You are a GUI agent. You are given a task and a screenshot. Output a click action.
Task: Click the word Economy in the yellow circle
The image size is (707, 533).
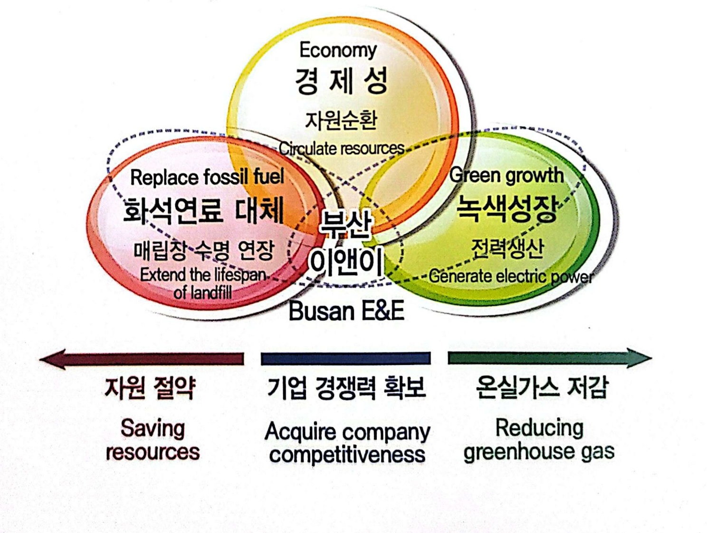338,50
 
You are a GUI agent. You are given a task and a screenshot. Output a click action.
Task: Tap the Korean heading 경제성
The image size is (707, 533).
341,81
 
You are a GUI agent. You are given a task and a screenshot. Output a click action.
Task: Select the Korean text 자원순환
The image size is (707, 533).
341,120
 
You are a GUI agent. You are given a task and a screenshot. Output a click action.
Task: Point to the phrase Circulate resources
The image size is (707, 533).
342,148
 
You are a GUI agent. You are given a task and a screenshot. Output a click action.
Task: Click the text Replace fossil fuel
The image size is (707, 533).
207,177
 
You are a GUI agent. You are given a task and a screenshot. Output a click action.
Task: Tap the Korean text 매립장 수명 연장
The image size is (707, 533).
204,249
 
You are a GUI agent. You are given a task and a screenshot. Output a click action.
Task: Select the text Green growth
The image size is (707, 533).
506,175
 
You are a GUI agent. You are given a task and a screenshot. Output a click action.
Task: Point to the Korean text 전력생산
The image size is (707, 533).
507,247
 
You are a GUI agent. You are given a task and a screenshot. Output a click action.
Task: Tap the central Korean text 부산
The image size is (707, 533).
345,224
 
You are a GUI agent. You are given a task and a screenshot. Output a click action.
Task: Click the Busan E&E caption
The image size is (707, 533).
346,312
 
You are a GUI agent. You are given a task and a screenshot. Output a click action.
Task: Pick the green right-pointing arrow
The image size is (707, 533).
549,358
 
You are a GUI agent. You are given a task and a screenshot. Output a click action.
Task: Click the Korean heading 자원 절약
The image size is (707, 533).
150,387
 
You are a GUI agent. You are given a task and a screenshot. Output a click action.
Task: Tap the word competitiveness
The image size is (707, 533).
347,455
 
